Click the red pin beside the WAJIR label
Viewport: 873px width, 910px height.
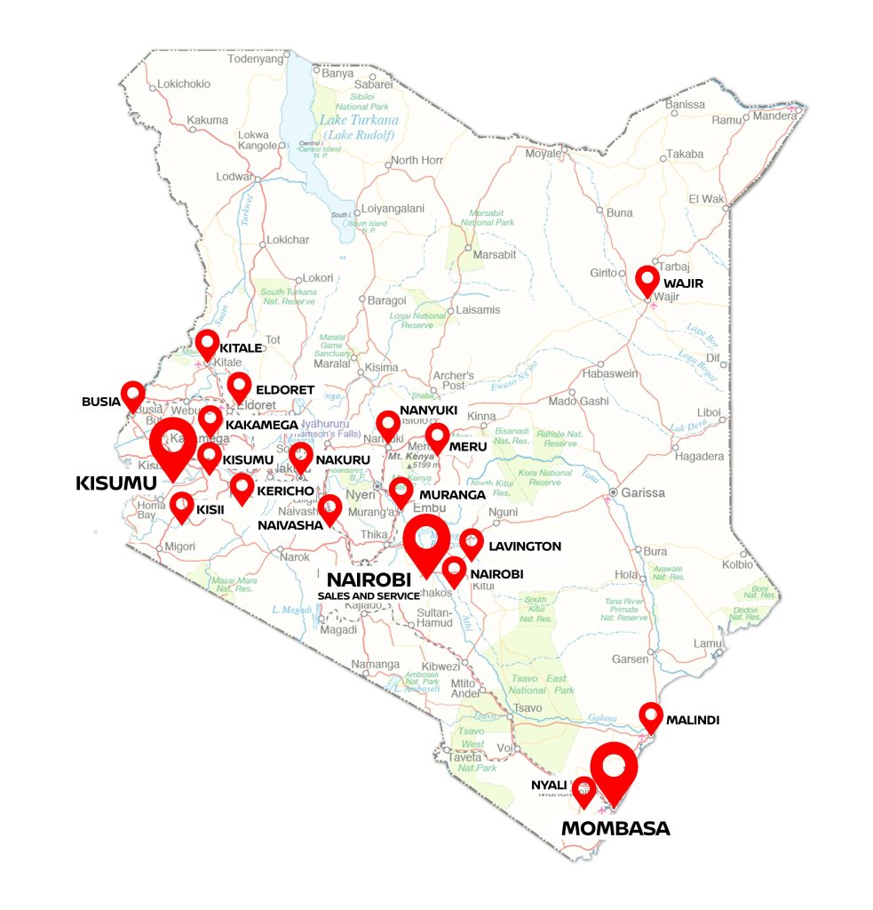coord(647,280)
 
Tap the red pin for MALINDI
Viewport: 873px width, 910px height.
coord(651,716)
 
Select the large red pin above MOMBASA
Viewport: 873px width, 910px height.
coord(614,770)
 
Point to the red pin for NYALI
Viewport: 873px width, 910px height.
coord(583,790)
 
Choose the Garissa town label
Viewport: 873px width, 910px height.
coord(644,492)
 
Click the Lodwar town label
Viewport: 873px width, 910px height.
coord(234,177)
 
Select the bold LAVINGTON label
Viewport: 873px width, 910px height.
coord(525,547)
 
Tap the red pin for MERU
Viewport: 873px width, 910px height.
coord(437,438)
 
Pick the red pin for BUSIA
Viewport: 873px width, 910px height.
coord(133,395)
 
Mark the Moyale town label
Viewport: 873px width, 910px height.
coord(544,153)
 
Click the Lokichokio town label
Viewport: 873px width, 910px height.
coord(184,84)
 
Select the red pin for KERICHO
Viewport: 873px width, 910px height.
coord(242,488)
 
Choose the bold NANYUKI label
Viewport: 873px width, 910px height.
coord(428,410)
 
